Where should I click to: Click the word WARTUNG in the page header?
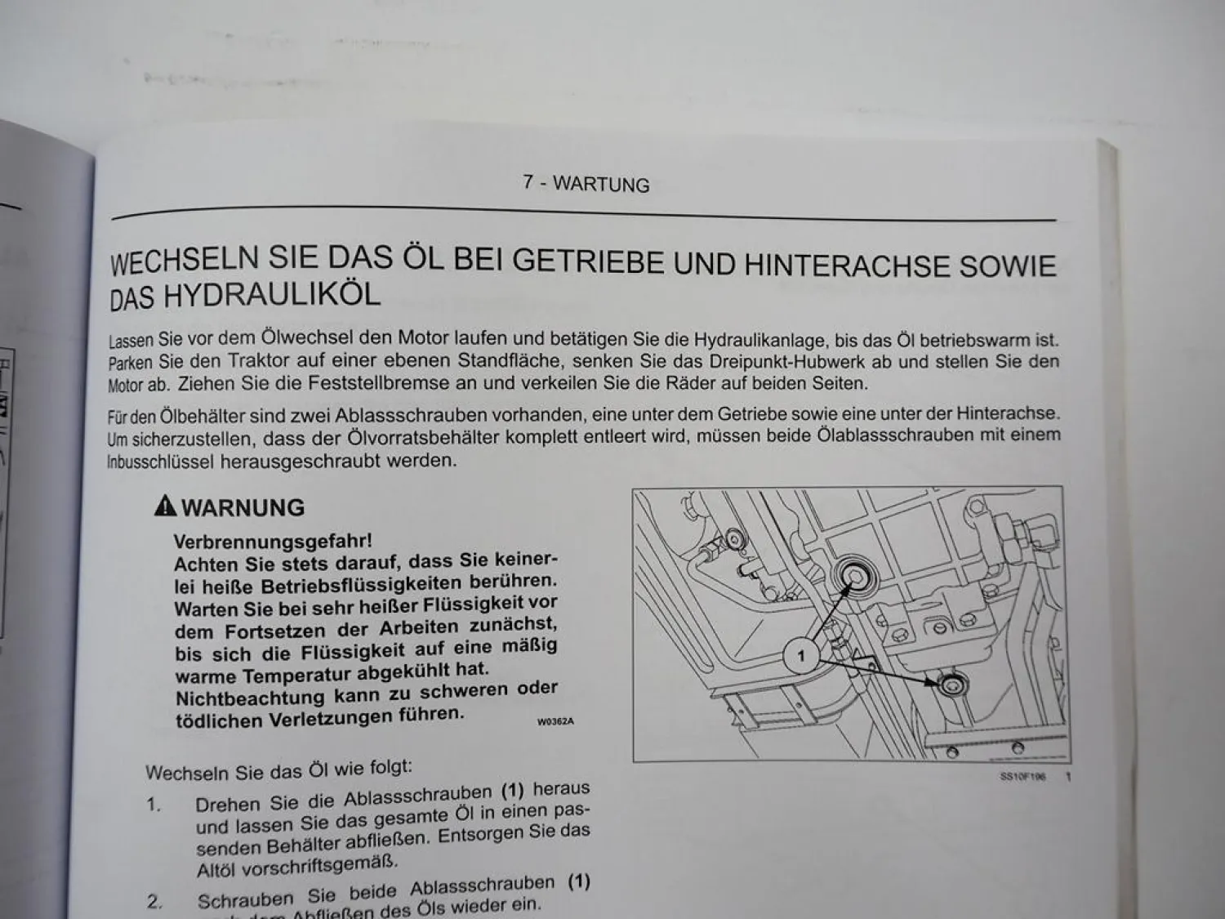(601, 184)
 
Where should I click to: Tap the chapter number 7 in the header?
(528, 182)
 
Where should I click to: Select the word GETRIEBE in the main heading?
(588, 261)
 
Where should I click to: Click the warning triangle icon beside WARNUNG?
(165, 506)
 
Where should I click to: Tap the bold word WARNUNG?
(243, 508)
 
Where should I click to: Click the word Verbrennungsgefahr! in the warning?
(273, 542)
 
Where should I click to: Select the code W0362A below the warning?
(555, 721)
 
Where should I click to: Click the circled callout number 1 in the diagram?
(801, 656)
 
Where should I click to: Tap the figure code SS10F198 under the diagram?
(1023, 776)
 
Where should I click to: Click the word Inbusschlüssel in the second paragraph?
(161, 462)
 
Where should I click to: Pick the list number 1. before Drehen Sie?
(154, 805)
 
